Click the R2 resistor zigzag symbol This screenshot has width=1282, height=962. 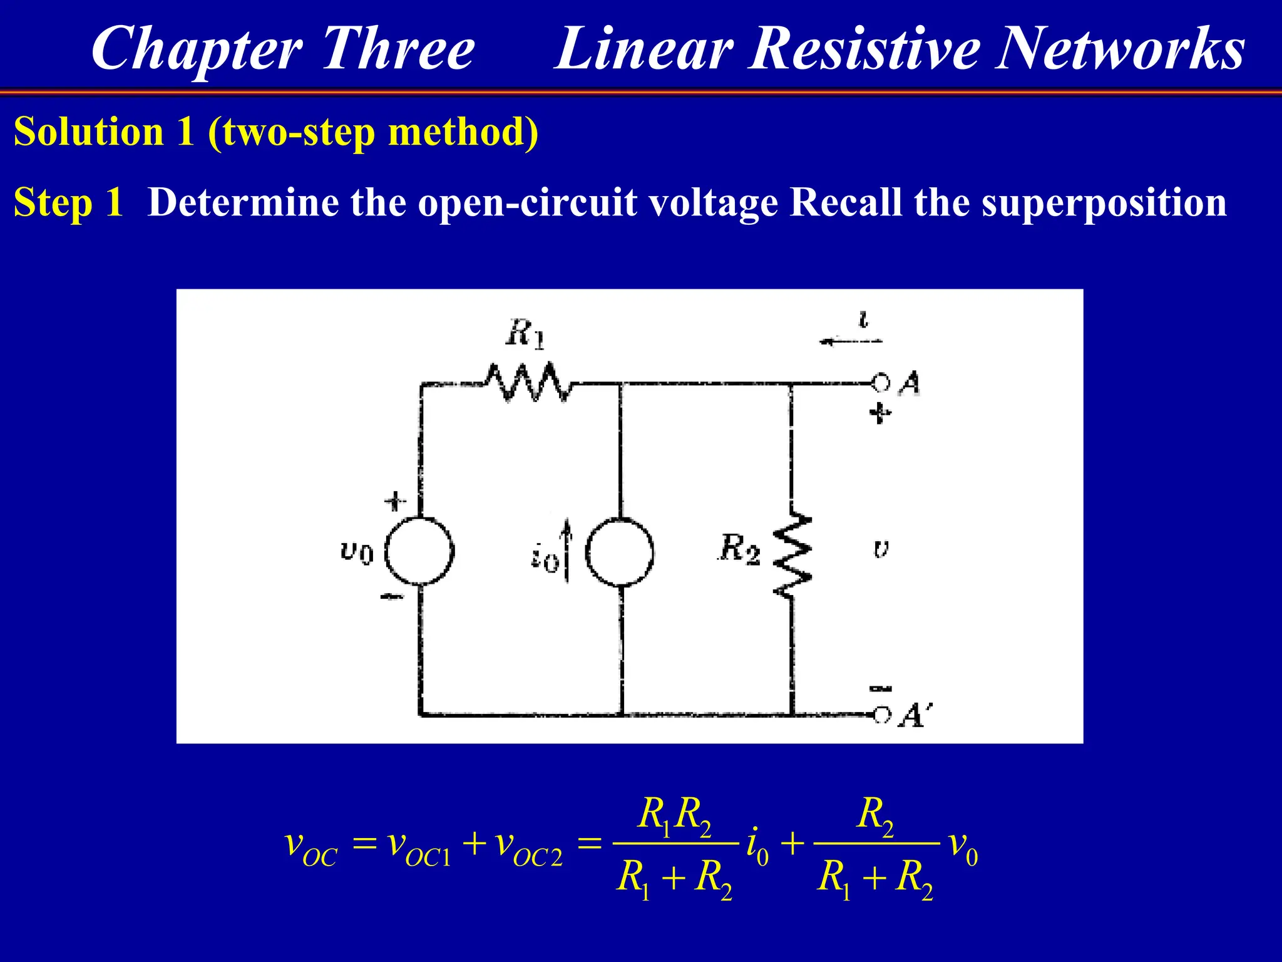coord(792,554)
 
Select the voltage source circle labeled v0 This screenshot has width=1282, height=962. coord(419,552)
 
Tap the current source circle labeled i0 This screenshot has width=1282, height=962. coord(620,552)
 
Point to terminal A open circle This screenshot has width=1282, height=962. coord(880,382)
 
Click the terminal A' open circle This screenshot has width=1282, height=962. coord(881,715)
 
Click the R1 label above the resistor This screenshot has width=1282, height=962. coord(525,333)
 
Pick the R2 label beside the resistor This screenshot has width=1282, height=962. coord(739,549)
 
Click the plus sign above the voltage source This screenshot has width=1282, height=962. coord(394,501)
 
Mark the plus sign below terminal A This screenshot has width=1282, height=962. coord(880,413)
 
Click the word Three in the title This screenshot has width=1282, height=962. coord(398,49)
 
